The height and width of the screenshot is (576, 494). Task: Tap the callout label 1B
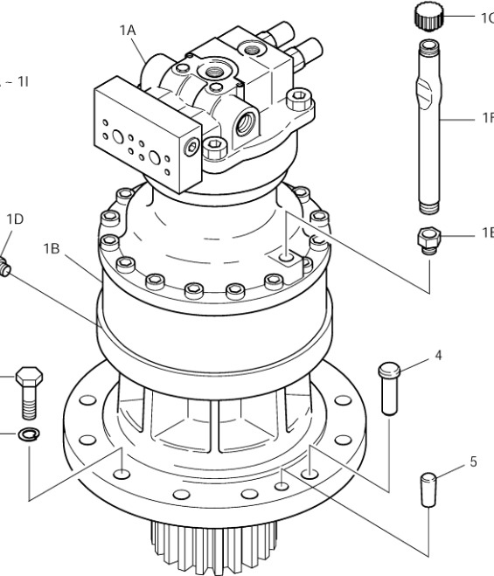tap(52, 247)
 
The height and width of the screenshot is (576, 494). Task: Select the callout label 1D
tap(14, 219)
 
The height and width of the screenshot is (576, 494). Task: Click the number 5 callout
tap(473, 461)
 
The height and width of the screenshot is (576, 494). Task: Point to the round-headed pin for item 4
tap(389, 387)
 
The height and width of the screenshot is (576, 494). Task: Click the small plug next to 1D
tap(7, 265)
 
